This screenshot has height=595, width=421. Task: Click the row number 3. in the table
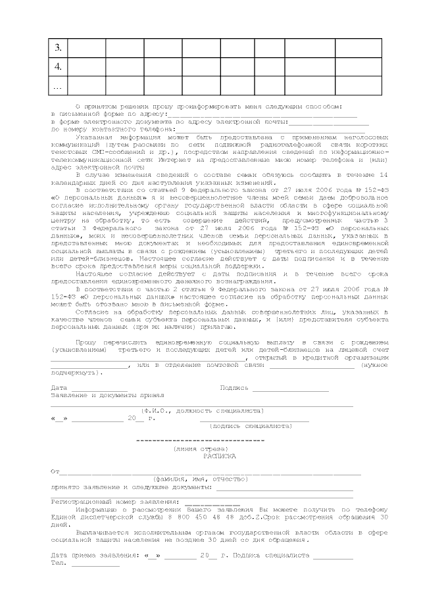(58, 48)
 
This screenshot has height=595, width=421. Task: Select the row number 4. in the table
(58, 67)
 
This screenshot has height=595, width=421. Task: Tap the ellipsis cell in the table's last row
(58, 86)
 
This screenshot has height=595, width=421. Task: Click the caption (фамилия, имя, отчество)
(200, 479)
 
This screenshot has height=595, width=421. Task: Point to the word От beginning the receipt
(55, 471)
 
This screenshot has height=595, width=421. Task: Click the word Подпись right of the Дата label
(234, 388)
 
